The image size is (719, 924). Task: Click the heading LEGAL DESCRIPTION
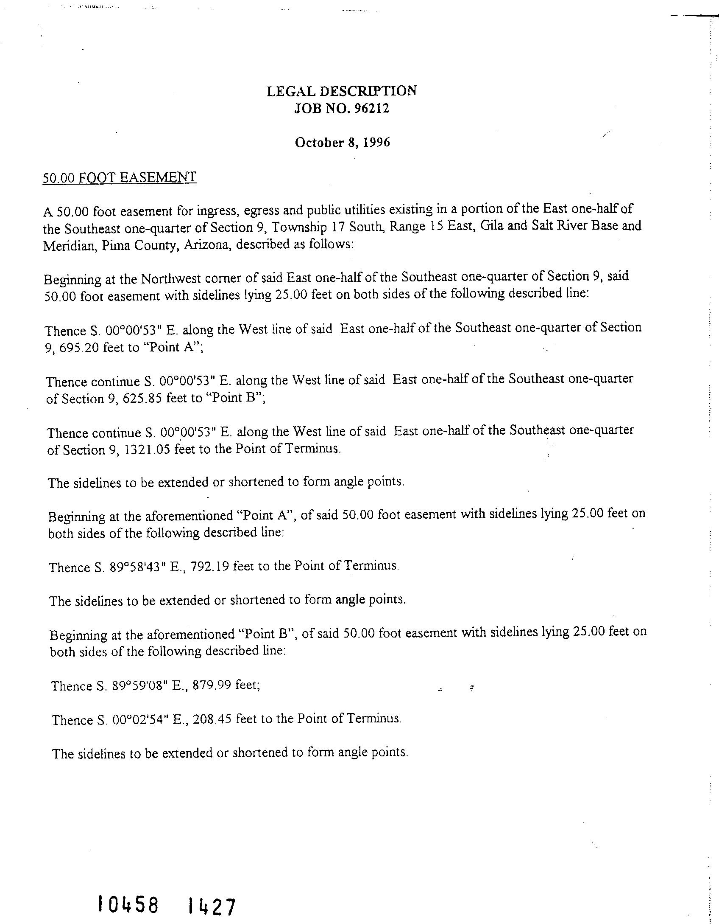(x=341, y=91)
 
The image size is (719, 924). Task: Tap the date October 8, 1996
(x=342, y=142)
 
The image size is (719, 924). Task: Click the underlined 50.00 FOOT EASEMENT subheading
(x=120, y=177)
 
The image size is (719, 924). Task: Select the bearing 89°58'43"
(x=137, y=567)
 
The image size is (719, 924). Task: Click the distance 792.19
(x=210, y=566)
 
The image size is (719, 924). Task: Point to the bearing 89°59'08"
(x=139, y=686)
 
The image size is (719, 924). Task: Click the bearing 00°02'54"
(x=139, y=720)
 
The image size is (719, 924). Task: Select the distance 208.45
(x=213, y=719)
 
